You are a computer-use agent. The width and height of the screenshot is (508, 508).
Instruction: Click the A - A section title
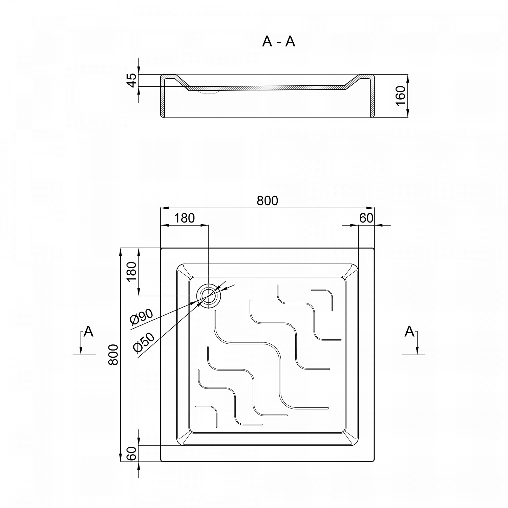tap(278, 42)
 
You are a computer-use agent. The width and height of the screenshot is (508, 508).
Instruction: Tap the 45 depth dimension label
tap(133, 80)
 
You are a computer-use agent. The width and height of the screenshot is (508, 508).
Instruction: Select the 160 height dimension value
tap(400, 96)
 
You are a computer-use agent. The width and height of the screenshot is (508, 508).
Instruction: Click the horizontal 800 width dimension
tap(267, 201)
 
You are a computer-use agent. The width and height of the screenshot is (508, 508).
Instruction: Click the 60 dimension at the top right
tap(366, 218)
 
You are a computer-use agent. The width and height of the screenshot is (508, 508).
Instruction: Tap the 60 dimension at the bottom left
tap(132, 453)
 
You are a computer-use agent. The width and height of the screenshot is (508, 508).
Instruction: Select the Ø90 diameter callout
tap(142, 318)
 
